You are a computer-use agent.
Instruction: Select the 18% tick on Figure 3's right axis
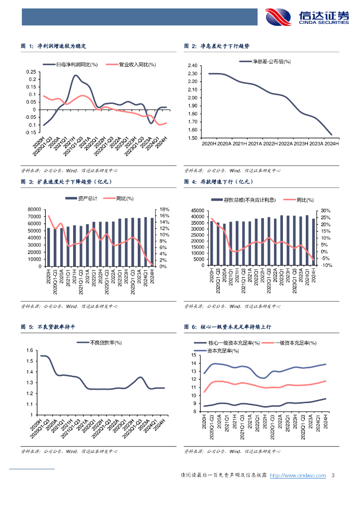point(165,209)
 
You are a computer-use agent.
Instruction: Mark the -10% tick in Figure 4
point(326,265)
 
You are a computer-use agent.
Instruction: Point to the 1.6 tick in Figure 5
point(29,350)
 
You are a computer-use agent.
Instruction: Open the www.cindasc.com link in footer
point(297,475)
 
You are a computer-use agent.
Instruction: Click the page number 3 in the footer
point(333,475)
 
